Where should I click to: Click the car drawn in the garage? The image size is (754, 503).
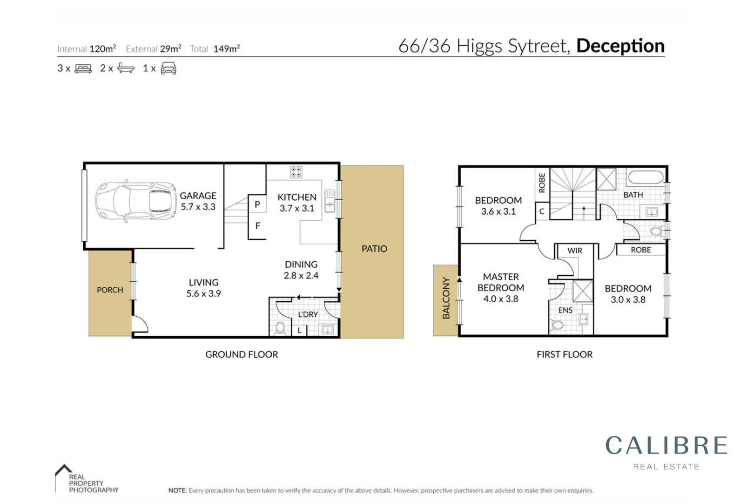tap(135, 201)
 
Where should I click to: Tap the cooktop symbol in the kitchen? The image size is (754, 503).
tap(296, 172)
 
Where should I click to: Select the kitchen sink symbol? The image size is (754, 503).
tap(330, 201)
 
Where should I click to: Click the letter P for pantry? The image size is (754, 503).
tap(257, 204)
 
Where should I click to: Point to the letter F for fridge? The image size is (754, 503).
tap(257, 226)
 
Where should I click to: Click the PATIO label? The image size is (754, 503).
tap(374, 249)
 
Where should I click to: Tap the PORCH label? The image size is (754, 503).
tap(110, 290)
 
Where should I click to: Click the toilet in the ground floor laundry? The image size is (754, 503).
tap(280, 328)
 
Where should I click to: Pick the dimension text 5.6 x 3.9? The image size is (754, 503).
tap(203, 293)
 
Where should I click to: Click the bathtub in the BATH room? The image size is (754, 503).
tap(645, 177)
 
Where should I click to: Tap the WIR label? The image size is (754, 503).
tap(575, 251)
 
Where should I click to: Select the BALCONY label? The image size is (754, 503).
tap(446, 298)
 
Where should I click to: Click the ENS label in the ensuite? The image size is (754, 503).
tap(565, 310)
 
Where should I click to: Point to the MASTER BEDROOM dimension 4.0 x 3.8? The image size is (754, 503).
tap(500, 299)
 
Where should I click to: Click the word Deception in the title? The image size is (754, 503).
tap(620, 46)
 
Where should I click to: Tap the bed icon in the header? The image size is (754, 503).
tap(83, 68)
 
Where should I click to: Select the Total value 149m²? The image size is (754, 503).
tap(226, 48)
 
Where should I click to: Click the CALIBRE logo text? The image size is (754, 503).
tap(666, 445)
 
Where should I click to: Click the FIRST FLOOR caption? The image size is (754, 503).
tap(564, 354)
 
